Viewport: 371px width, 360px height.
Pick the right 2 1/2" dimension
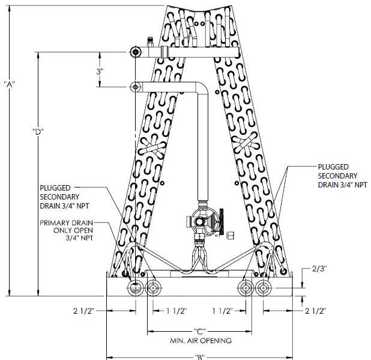315,311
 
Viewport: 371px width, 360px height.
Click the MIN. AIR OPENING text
201,340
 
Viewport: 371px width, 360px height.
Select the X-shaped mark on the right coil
246,144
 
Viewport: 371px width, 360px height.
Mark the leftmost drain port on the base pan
136,287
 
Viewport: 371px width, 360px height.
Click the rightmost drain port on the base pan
264,287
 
